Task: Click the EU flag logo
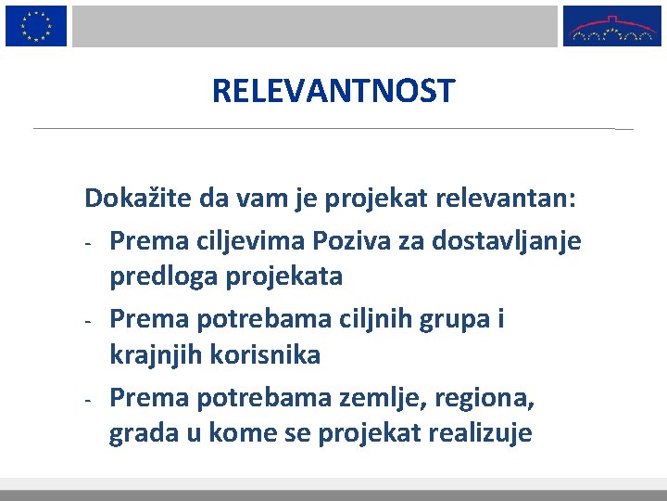(x=36, y=25)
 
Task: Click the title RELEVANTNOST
(x=333, y=91)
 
